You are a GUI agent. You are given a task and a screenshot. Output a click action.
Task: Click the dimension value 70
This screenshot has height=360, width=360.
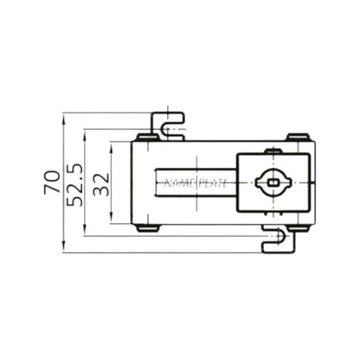(52, 182)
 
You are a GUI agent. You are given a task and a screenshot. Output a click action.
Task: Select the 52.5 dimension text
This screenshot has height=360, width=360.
(75, 183)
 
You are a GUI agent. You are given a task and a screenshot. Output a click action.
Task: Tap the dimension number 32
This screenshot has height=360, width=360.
(101, 183)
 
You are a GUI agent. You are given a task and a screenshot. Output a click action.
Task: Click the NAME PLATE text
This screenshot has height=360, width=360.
(194, 182)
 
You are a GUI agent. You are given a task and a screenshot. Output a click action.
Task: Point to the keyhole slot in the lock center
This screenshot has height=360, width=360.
(274, 182)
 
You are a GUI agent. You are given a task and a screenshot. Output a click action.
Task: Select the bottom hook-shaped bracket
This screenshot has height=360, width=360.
(279, 241)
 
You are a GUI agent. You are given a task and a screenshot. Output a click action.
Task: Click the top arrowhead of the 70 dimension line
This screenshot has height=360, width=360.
(63, 116)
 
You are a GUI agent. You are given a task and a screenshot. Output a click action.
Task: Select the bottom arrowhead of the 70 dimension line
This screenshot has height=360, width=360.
(63, 249)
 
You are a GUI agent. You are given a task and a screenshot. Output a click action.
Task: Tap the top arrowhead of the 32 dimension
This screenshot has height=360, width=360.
(111, 145)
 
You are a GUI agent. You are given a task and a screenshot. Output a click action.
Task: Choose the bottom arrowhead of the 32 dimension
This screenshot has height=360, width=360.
(111, 219)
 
